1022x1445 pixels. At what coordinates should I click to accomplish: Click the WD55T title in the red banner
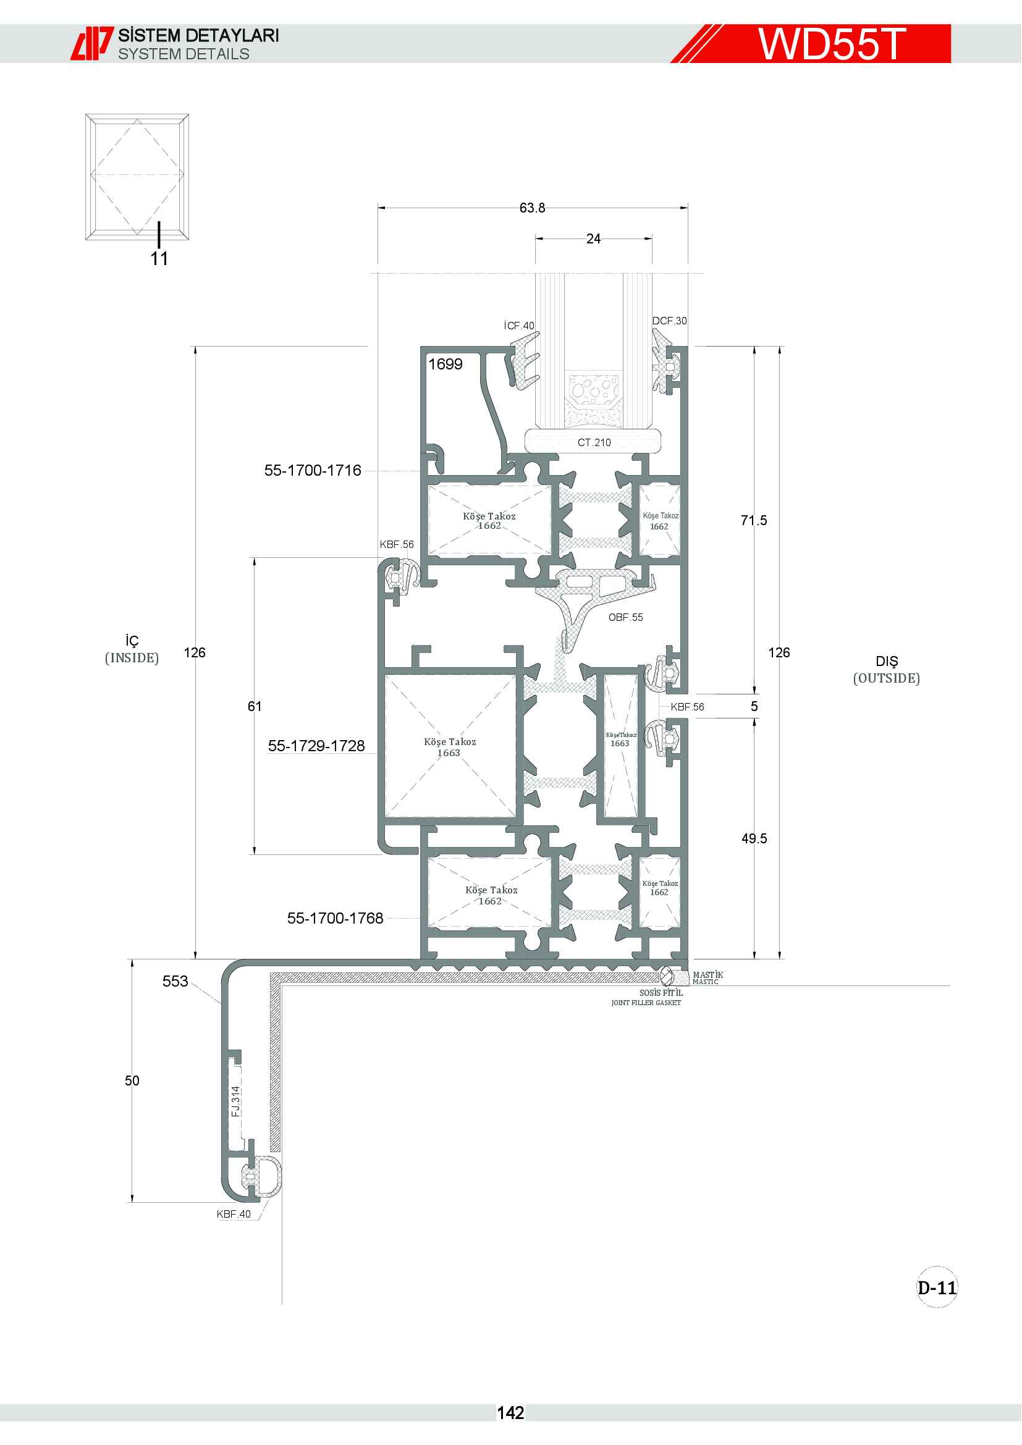[832, 44]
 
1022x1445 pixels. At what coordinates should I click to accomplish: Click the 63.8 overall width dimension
[533, 208]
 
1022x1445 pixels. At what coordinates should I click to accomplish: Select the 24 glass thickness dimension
[593, 238]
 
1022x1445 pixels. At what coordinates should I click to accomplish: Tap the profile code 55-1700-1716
[313, 470]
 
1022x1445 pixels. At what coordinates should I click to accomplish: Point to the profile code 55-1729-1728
[316, 746]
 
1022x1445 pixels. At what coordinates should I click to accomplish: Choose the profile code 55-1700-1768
[336, 918]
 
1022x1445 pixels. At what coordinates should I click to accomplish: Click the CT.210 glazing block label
[594, 442]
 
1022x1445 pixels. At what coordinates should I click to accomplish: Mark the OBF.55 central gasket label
[625, 617]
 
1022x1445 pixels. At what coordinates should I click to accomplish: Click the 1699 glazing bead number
[446, 364]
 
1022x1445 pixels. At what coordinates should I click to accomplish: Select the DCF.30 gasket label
[670, 321]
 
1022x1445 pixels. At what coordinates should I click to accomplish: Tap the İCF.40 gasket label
[519, 326]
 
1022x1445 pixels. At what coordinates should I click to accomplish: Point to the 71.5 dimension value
[754, 520]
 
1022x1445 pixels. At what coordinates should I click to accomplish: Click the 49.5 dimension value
[754, 838]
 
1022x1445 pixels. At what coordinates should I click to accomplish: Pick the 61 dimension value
[254, 706]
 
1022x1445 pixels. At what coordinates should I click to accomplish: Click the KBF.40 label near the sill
[234, 1214]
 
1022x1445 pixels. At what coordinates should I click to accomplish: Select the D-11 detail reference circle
[937, 1287]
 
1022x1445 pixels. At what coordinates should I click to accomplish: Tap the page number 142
[510, 1413]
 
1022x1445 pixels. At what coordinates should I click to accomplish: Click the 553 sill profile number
[175, 981]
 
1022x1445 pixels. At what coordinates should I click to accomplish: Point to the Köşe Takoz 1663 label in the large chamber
[450, 747]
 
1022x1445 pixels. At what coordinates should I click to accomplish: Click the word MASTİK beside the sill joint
[708, 975]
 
